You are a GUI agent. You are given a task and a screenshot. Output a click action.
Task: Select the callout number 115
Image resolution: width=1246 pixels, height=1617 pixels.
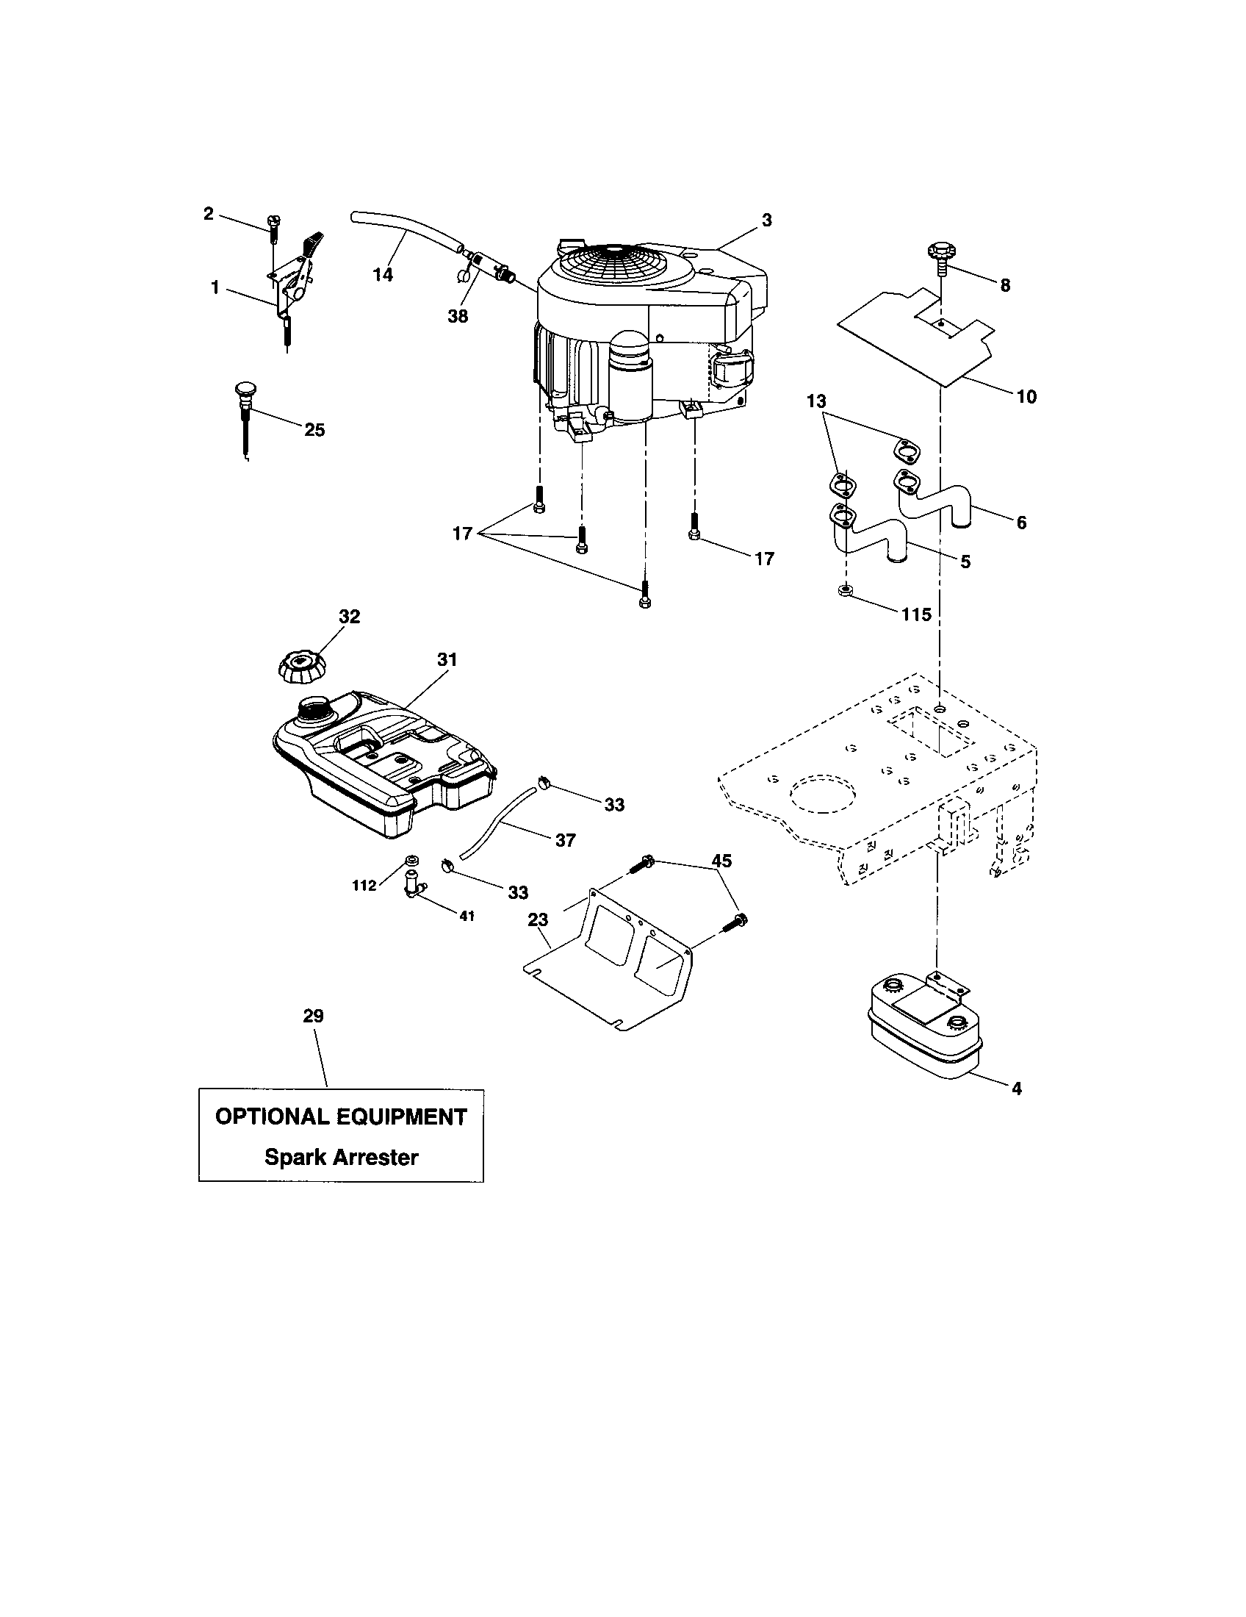click(916, 614)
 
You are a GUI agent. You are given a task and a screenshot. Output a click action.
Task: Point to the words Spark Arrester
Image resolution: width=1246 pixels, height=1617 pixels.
click(341, 1156)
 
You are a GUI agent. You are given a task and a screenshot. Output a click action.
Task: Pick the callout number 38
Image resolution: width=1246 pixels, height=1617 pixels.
click(458, 316)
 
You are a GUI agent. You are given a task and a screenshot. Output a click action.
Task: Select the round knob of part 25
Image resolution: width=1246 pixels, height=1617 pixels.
click(245, 388)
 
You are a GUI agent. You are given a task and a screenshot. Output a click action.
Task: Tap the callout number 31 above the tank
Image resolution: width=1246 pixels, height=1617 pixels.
click(447, 659)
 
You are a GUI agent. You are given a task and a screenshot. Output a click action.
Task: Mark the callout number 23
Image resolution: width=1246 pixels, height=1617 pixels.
click(538, 919)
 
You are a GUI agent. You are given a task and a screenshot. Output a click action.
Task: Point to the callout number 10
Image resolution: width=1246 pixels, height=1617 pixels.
click(1026, 397)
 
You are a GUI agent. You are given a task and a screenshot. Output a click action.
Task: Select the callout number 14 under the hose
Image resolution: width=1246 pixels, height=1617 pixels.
click(383, 275)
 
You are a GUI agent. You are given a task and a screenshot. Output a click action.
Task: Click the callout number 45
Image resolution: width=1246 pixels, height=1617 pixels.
click(721, 861)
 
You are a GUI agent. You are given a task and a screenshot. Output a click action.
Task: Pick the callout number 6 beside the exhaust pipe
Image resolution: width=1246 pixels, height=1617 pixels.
click(1021, 523)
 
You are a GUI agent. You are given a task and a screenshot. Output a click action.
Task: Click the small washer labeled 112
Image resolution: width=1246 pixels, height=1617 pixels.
click(411, 861)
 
